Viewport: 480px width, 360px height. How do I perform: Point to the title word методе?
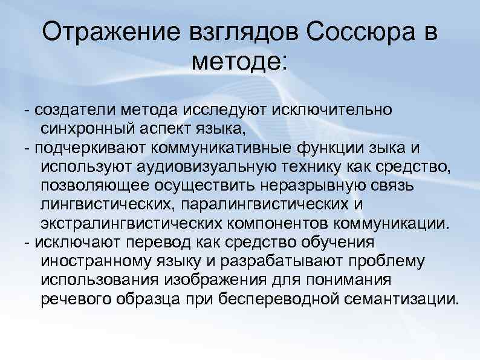tap(240, 61)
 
